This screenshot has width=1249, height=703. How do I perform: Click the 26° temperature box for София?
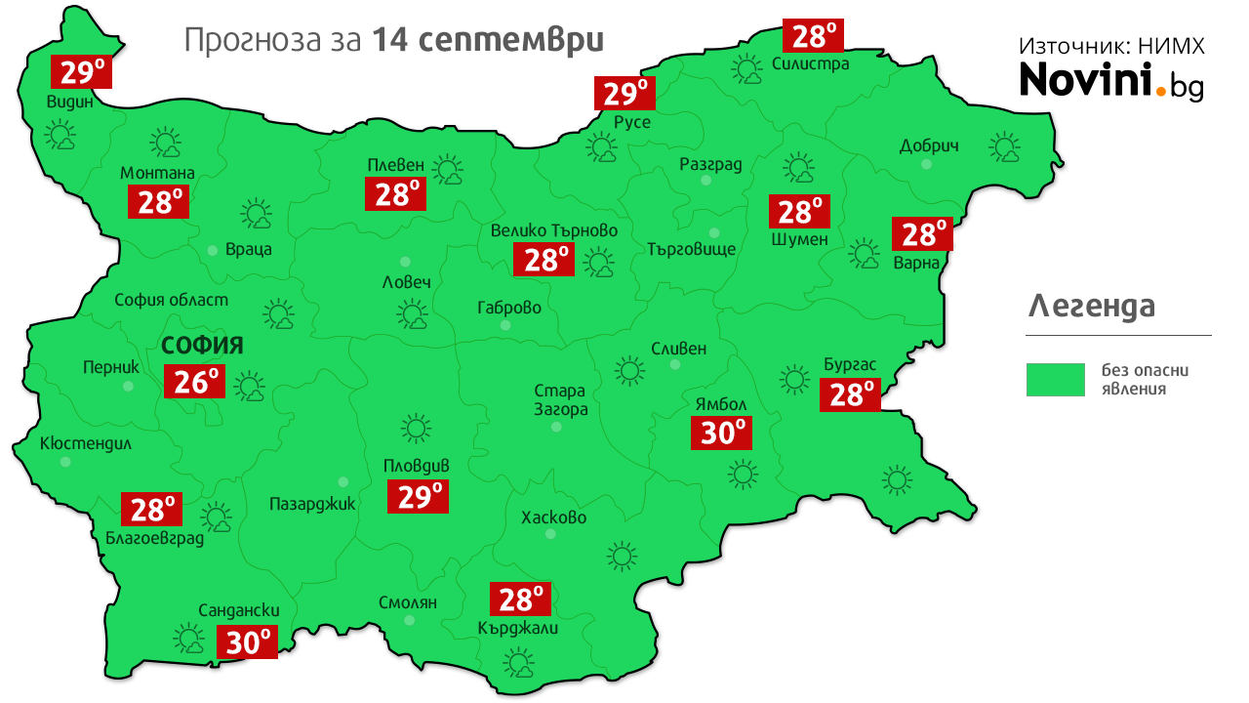tap(195, 382)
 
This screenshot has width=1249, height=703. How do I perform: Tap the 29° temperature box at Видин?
tap(82, 71)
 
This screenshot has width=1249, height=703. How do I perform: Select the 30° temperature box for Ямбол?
tap(721, 432)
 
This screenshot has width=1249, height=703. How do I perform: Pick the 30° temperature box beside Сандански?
tap(248, 641)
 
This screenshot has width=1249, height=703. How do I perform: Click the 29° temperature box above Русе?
tap(624, 94)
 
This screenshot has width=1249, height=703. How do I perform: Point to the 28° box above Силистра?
tap(814, 36)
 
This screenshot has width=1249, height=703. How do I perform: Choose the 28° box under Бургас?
tap(850, 394)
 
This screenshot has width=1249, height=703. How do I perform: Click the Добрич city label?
tap(928, 146)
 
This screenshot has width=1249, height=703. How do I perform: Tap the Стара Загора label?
tap(561, 400)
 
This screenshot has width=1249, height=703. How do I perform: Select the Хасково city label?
tap(553, 517)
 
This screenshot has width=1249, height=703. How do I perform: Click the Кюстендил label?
tap(85, 443)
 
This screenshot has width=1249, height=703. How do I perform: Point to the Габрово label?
tap(508, 308)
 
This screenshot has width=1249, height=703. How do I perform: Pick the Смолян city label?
tap(408, 602)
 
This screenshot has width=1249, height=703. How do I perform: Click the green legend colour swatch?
tap(1055, 380)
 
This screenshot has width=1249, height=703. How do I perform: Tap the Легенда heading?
tap(1092, 307)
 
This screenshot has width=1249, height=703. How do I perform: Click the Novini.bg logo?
tap(1111, 80)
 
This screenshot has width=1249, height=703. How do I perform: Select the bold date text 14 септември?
tap(488, 41)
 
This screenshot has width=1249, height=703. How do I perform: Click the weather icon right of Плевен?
tap(449, 170)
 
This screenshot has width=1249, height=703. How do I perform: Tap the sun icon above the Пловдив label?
tap(416, 428)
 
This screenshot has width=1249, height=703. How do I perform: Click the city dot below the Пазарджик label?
tap(342, 481)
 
